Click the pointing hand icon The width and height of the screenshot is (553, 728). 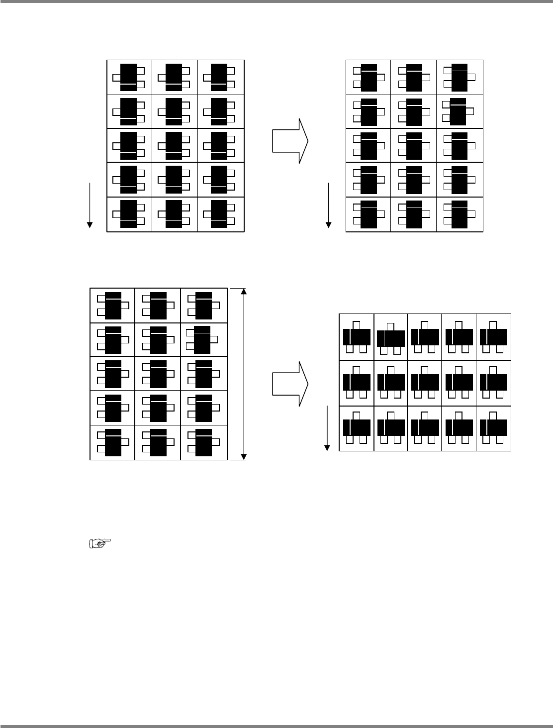tap(99, 544)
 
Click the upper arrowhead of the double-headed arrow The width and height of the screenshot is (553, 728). tap(243, 292)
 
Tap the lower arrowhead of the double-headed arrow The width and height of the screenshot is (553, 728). tap(243, 456)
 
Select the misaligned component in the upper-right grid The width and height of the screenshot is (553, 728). tap(458, 111)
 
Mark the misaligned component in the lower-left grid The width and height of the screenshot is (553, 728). tap(202, 339)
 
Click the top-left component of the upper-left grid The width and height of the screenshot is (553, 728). tap(128, 77)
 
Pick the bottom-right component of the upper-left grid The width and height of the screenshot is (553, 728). tap(219, 214)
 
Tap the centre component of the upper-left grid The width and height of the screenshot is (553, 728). tap(174, 146)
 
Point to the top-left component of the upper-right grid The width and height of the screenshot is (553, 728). tap(369, 77)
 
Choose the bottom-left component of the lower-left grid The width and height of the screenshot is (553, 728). tap(113, 442)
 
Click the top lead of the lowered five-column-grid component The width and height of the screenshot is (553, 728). tap(390, 326)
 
